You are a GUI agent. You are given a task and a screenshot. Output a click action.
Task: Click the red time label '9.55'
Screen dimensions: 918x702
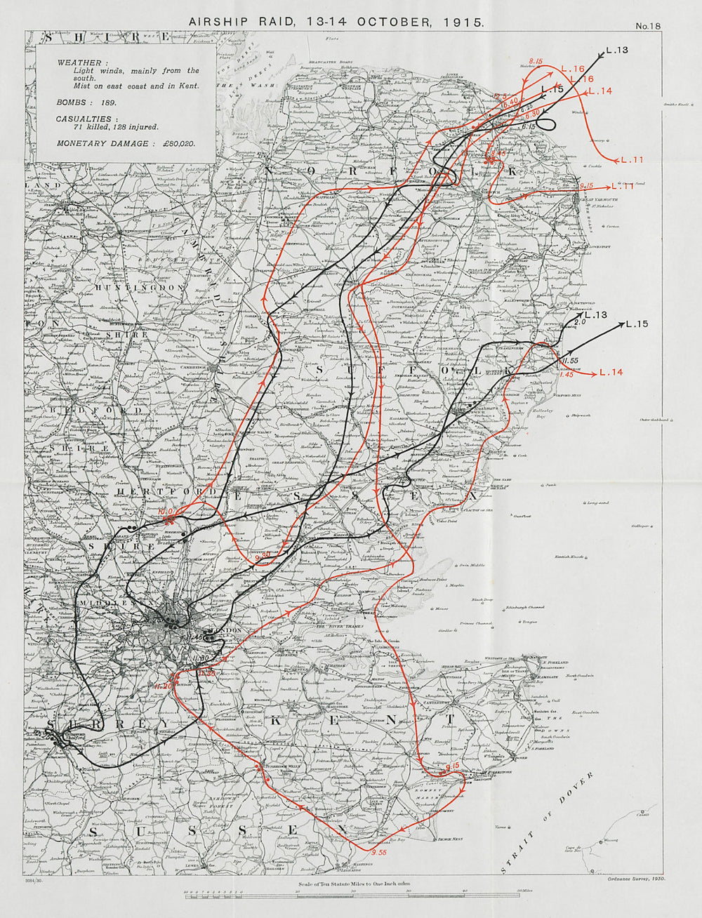[x=380, y=853]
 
